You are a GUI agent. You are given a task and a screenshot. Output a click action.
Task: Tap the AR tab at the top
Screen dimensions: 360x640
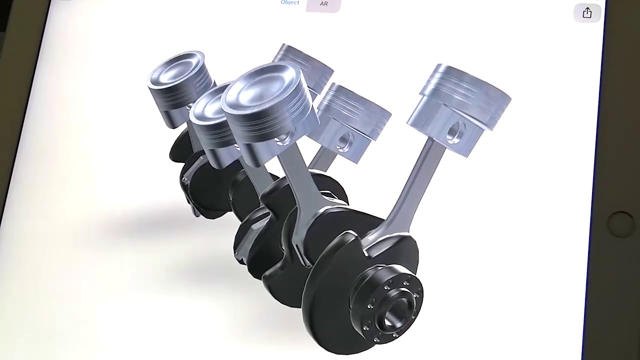tap(323, 4)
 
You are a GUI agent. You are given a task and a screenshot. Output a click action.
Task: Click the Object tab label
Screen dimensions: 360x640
tap(290, 2)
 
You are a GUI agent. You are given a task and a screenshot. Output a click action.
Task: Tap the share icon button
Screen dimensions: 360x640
tap(587, 13)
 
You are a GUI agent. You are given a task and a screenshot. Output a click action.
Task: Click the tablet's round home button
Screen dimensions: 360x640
tap(620, 224)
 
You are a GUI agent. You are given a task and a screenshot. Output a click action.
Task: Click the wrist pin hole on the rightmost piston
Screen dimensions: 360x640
tap(456, 131)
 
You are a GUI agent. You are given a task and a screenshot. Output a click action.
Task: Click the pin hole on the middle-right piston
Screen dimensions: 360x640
tap(344, 141)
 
